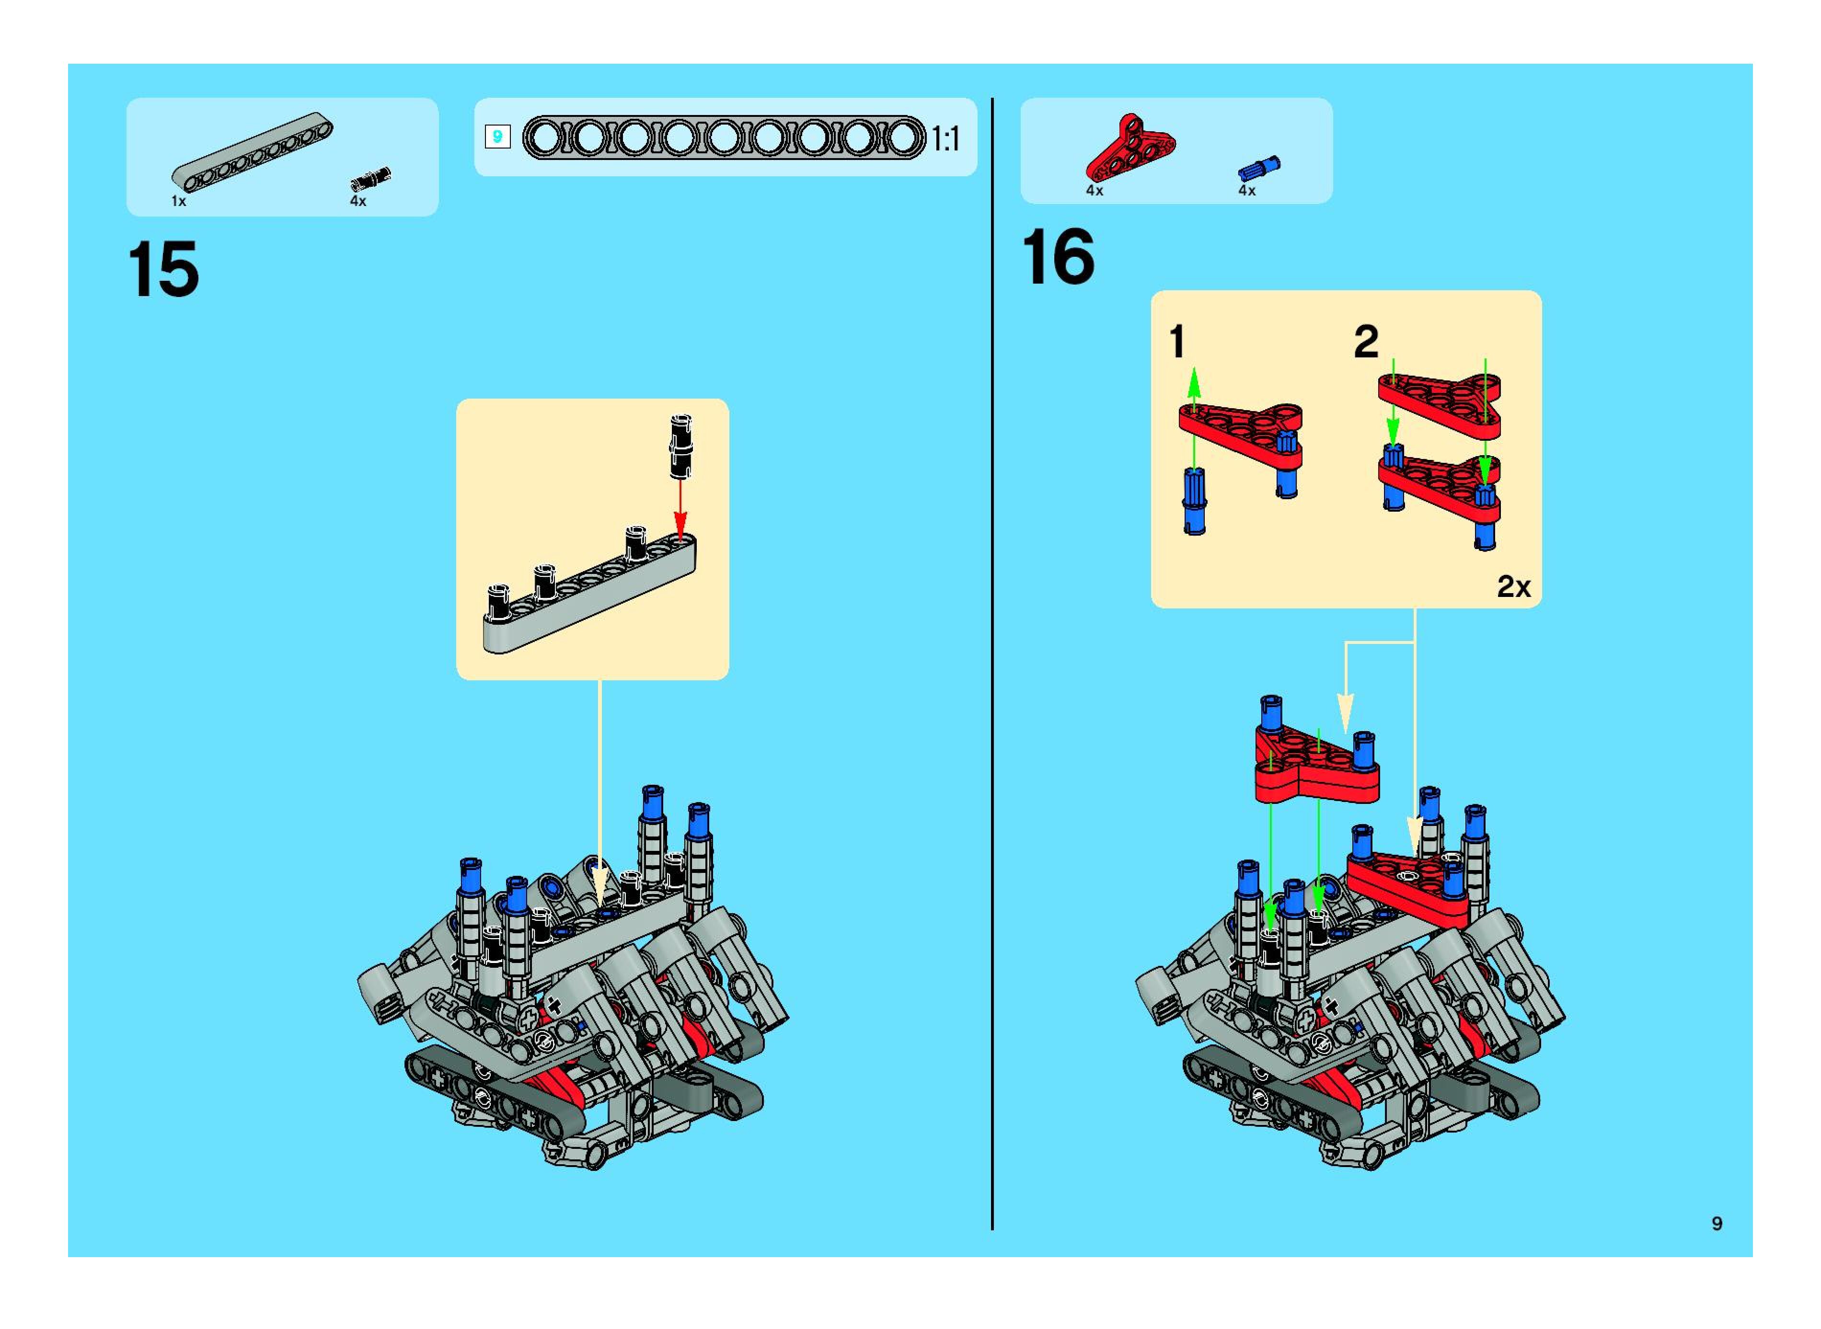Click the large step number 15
pyautogui.click(x=163, y=270)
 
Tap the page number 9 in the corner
pyautogui.click(x=1717, y=1224)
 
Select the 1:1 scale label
pyautogui.click(x=946, y=139)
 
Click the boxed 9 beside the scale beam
pyautogui.click(x=497, y=137)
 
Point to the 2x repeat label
pyautogui.click(x=1513, y=586)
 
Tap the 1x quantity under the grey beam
pyautogui.click(x=179, y=201)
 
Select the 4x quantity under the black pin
pyautogui.click(x=358, y=201)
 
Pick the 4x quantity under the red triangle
pyautogui.click(x=1095, y=191)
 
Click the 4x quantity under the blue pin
pyautogui.click(x=1246, y=191)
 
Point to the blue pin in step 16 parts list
pyautogui.click(x=1258, y=167)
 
